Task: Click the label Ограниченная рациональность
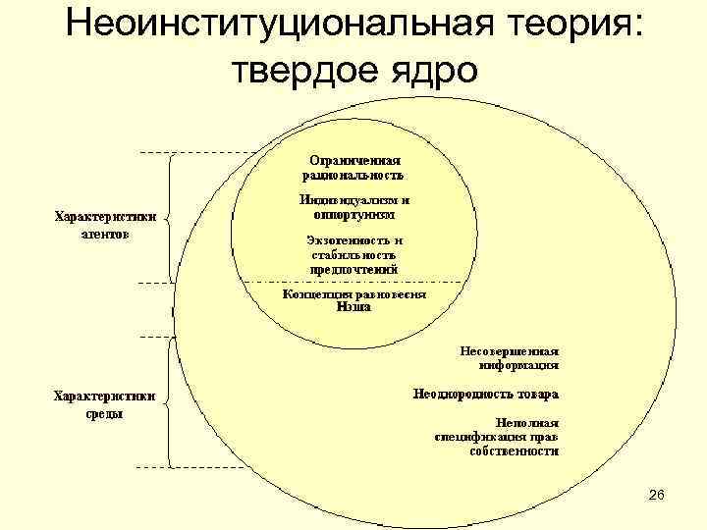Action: pyautogui.click(x=354, y=167)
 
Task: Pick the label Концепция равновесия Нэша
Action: pyautogui.click(x=354, y=299)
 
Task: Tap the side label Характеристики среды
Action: pyautogui.click(x=103, y=404)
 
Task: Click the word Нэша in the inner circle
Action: pyautogui.click(x=354, y=306)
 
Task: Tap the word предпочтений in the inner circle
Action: pyautogui.click(x=353, y=268)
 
